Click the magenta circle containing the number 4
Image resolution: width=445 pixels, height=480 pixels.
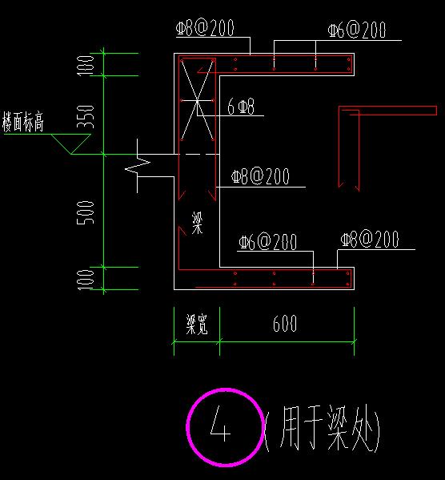tap(186, 427)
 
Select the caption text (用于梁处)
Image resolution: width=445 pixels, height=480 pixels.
tap(323, 428)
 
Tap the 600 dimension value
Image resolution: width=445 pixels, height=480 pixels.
tap(284, 323)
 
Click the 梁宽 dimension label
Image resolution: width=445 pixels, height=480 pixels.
tap(197, 324)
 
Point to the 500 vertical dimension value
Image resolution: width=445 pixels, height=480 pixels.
tap(86, 212)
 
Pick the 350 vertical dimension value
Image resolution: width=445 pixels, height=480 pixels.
tap(86, 116)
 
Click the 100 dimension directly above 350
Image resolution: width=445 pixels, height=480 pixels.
tap(86, 65)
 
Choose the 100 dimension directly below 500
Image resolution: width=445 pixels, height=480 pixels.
tap(86, 280)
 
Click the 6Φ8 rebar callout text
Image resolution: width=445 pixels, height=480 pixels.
tap(241, 107)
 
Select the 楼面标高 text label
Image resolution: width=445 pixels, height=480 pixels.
tap(23, 122)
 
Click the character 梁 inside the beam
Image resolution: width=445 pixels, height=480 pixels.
tap(197, 223)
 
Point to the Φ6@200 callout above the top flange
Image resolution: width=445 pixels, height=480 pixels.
tap(357, 30)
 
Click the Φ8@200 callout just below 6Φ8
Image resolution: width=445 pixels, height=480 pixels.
tap(260, 176)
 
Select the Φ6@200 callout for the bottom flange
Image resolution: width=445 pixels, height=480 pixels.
tap(267, 242)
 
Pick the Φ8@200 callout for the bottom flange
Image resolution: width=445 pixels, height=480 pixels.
tap(370, 239)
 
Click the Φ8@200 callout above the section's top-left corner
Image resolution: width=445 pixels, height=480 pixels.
tap(205, 27)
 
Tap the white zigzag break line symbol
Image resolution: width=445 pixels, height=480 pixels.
tap(138, 166)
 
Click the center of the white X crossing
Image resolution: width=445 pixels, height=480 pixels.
tap(197, 100)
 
